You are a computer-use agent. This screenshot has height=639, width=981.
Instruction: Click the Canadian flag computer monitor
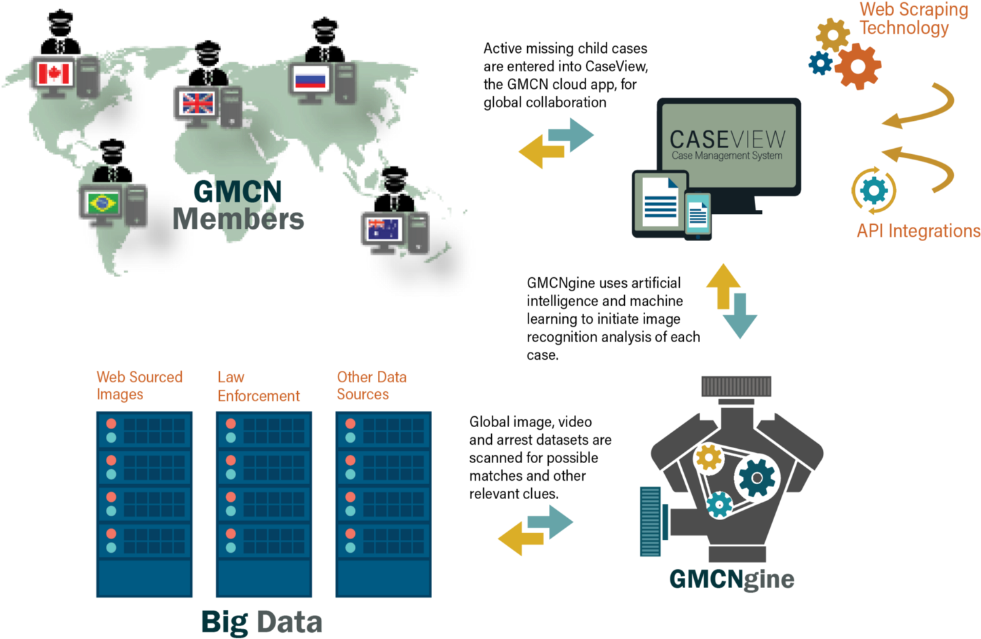click(54, 73)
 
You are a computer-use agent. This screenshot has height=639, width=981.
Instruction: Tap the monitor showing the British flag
click(197, 103)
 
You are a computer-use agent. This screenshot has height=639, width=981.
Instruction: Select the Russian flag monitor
click(311, 80)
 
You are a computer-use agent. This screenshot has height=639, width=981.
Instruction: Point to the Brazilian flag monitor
click(102, 202)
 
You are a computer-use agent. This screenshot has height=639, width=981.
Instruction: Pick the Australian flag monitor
click(384, 230)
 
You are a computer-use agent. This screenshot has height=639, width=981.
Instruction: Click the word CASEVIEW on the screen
click(727, 139)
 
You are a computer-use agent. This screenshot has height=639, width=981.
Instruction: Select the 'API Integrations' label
click(918, 231)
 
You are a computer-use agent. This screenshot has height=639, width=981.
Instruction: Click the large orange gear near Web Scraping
click(858, 66)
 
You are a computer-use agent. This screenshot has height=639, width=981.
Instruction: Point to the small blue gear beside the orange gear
click(821, 63)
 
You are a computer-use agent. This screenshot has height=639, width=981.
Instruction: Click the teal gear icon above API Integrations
click(874, 191)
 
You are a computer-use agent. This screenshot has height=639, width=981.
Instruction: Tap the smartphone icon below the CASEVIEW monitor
click(697, 216)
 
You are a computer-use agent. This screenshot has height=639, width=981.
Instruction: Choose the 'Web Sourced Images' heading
click(139, 386)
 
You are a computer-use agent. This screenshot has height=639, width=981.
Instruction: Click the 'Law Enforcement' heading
click(258, 386)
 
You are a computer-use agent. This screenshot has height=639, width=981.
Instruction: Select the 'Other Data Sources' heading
click(371, 386)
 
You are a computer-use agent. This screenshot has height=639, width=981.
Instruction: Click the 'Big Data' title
click(261, 622)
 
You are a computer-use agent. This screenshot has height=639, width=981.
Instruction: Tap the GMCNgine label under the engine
click(731, 579)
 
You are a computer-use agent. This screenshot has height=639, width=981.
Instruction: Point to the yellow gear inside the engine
click(709, 457)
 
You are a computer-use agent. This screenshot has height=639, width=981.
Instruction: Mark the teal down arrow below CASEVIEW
click(739, 316)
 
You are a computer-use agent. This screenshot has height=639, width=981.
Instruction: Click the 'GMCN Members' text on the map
click(237, 206)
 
